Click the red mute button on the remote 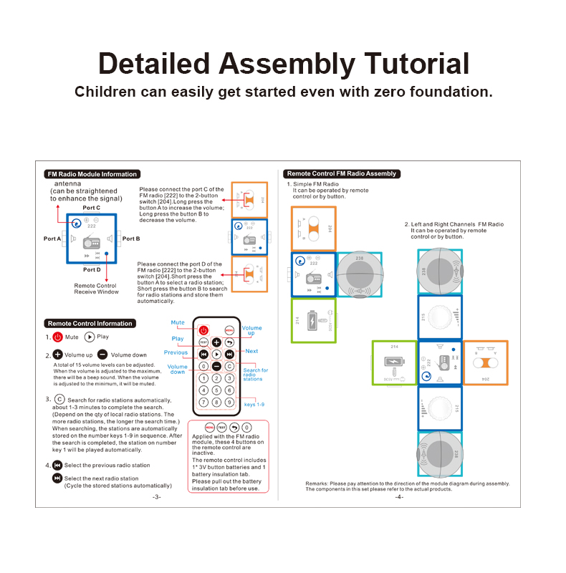point(203,330)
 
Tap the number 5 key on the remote point(216,390)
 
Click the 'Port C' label point(91,208)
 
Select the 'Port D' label point(91,270)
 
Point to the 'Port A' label point(52,239)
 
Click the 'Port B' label point(131,239)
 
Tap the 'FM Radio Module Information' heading point(91,174)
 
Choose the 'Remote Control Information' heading point(90,324)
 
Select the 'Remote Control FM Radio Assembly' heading point(341,174)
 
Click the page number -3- point(157,496)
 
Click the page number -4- point(399,496)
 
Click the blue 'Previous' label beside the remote point(176,352)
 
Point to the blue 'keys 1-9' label point(254,405)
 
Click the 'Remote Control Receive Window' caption point(95,289)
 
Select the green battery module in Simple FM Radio point(313,320)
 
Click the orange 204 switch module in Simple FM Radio point(313,228)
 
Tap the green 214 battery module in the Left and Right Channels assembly point(394,362)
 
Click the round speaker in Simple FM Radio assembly point(360,274)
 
